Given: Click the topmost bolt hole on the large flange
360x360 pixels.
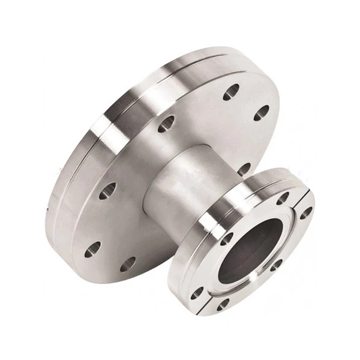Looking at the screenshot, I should [231, 92].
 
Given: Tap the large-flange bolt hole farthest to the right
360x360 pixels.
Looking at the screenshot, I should [262, 112].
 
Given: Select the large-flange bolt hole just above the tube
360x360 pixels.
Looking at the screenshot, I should [166, 124].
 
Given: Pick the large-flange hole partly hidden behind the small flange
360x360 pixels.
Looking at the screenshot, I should [244, 169].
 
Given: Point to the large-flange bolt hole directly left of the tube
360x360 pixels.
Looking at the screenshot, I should [107, 191].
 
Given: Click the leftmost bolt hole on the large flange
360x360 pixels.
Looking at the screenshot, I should [92, 249].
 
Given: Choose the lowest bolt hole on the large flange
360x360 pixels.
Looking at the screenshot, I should [128, 264].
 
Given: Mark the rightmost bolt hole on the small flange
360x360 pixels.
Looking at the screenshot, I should [306, 212].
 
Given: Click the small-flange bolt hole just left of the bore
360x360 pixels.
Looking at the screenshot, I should [226, 238].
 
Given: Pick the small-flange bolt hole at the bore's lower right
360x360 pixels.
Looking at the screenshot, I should [277, 264].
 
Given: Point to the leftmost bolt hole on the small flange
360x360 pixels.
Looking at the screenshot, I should [197, 293].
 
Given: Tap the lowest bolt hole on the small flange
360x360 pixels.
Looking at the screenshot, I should [223, 304].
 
